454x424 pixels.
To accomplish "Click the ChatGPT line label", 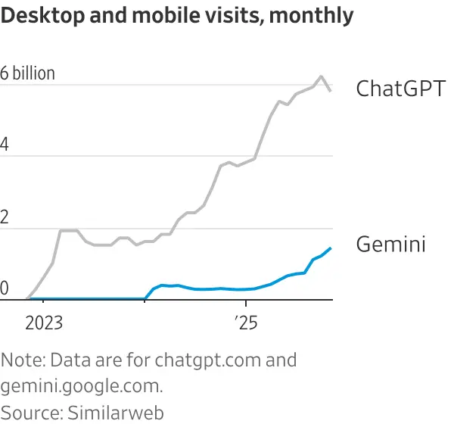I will (400, 89).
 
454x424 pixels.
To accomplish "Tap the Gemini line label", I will (390, 245).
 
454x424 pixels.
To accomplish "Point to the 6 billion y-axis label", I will (28, 73).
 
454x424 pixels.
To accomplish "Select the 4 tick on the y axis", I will (5, 145).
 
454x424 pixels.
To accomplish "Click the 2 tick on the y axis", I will (5, 217).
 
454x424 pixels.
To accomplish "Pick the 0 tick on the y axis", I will (5, 288).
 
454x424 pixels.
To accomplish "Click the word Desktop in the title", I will (40, 16).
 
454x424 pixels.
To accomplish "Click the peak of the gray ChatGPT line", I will (322, 76).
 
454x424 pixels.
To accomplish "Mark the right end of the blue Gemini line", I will (331, 248).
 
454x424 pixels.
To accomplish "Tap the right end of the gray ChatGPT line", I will (331, 91).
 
